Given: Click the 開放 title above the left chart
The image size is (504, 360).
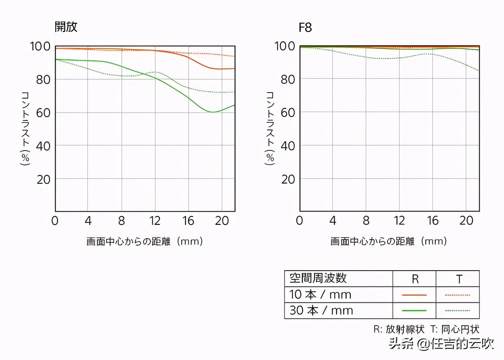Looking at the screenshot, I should pyautogui.click(x=66, y=27).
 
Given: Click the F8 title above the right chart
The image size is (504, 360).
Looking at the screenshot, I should pyautogui.click(x=305, y=28).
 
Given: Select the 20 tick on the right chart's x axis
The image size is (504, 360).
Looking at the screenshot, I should pyautogui.click(x=466, y=221).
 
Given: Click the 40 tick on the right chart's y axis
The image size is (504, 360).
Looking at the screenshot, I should pyautogui.click(x=287, y=145).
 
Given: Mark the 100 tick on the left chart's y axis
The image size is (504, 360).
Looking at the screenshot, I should pyautogui.click(x=40, y=46).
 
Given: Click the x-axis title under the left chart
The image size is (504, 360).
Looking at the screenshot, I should pyautogui.click(x=145, y=241).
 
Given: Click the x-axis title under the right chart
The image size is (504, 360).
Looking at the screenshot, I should pyautogui.click(x=389, y=241).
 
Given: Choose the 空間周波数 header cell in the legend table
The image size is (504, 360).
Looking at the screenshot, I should pyautogui.click(x=318, y=278).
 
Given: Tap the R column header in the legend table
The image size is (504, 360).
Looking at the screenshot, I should pyautogui.click(x=415, y=279).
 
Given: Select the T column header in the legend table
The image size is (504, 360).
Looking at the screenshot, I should pyautogui.click(x=459, y=279).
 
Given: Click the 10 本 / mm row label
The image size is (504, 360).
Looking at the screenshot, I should pyautogui.click(x=320, y=294).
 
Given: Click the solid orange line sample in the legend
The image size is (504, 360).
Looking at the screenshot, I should pyautogui.click(x=414, y=295).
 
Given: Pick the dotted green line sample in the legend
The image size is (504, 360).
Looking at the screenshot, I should pyautogui.click(x=457, y=310).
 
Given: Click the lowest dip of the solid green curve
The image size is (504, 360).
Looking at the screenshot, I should pyautogui.click(x=213, y=112).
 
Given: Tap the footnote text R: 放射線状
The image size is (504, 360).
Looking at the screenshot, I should pyautogui.click(x=399, y=329).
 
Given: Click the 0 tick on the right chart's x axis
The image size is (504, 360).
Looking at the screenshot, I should pyautogui.click(x=299, y=221).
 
